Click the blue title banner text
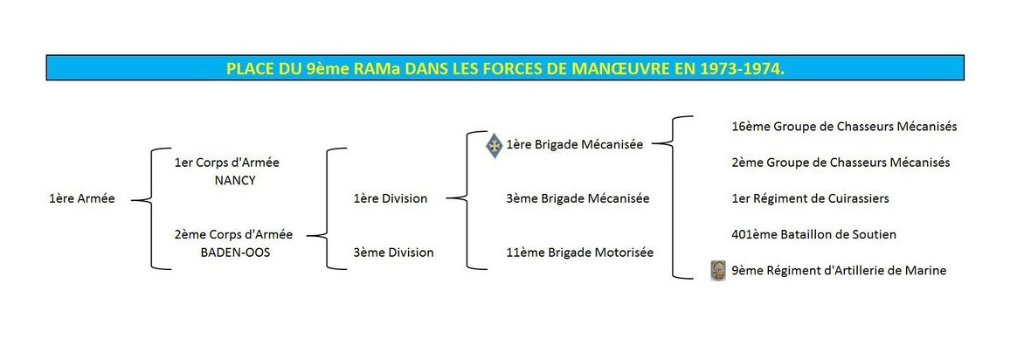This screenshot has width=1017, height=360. click(x=505, y=69)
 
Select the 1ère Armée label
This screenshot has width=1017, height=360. click(x=82, y=199)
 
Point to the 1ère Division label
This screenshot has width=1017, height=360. click(x=391, y=199)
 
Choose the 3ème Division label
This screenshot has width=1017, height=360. click(x=394, y=253)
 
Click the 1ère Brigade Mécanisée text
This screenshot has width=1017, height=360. click(x=575, y=145)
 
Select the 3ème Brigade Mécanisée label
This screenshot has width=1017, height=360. click(x=578, y=199)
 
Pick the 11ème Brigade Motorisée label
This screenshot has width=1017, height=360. click(x=580, y=253)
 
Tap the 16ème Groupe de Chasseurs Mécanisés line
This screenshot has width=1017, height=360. click(x=845, y=127)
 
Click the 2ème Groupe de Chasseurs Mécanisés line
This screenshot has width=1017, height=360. click(x=841, y=163)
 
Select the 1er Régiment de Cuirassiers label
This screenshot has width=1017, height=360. click(x=810, y=199)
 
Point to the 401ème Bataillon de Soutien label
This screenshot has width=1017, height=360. click(x=814, y=235)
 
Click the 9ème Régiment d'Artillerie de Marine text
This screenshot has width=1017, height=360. click(x=839, y=271)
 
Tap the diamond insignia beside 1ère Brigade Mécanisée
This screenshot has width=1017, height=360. click(x=495, y=146)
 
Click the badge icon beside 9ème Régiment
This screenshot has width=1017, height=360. click(x=717, y=271)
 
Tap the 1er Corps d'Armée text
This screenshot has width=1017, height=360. click(x=227, y=163)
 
